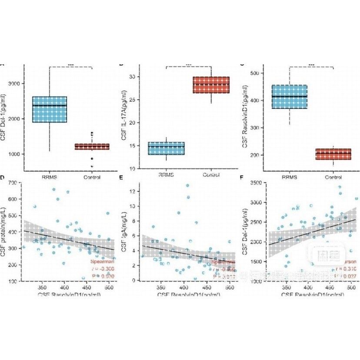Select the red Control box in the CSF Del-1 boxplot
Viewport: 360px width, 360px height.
92,147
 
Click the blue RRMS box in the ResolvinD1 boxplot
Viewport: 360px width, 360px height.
289,97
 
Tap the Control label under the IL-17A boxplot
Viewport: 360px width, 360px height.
211,175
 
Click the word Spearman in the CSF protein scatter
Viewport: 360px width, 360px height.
101,262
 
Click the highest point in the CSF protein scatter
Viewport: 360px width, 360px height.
54,190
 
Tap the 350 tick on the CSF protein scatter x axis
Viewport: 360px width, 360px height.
42,288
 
